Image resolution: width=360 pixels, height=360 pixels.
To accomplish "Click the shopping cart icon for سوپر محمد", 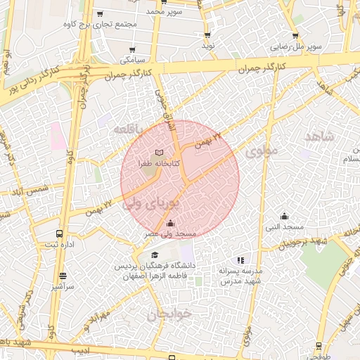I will (x=163, y=1).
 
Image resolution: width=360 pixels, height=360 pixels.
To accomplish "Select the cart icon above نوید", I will (x=207, y=34).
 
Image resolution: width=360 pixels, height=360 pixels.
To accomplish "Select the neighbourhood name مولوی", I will (x=262, y=150).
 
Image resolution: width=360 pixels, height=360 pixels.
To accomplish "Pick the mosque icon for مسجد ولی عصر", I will (x=170, y=224).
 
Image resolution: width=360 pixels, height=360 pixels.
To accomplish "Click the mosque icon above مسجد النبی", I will (x=284, y=217).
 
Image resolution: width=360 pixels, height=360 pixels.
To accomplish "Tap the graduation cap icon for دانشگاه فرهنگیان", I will (x=155, y=255).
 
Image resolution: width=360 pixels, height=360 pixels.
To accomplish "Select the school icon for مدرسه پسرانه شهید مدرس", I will (x=241, y=260).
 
